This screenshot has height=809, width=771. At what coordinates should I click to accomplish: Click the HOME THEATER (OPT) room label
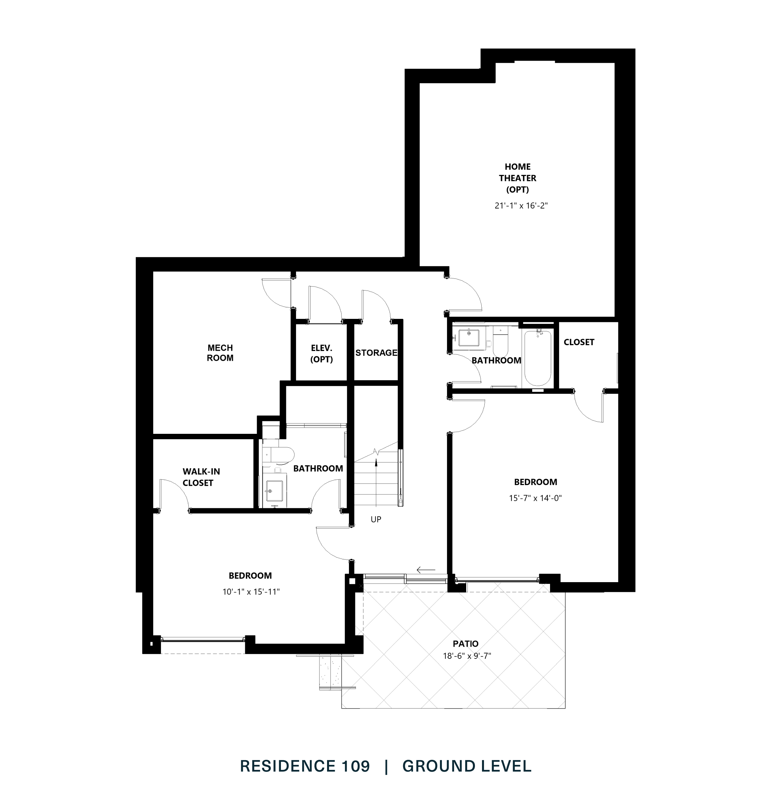coord(517,178)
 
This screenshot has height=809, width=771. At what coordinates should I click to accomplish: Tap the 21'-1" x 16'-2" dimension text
coord(521,206)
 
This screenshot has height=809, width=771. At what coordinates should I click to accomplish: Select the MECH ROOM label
coord(220,353)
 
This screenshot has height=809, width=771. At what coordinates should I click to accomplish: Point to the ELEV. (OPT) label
coord(321,354)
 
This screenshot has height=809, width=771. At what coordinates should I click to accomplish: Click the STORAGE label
coord(376,353)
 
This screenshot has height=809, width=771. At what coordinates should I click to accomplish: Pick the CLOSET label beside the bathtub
coord(579,342)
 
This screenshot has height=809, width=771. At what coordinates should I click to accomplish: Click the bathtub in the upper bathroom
coord(538,357)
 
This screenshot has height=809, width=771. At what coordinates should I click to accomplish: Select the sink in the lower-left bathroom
coord(274,491)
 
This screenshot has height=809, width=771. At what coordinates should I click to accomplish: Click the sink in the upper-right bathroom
coord(469,338)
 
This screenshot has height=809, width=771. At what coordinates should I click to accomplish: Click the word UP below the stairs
coord(376,519)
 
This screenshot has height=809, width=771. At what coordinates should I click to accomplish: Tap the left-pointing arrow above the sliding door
coord(426,570)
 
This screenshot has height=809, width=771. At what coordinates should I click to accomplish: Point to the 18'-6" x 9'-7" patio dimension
coord(467,656)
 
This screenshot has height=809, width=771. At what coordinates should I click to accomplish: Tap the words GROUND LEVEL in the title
coord(467,766)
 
